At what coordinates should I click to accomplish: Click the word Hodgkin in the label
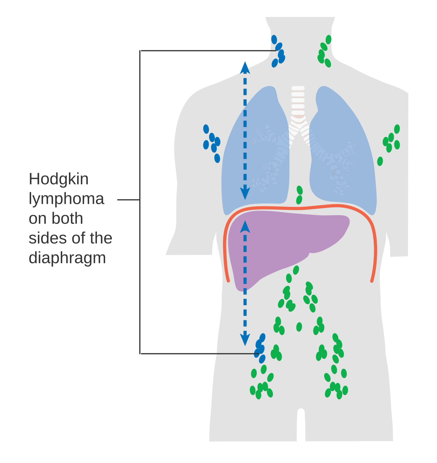tap(58, 179)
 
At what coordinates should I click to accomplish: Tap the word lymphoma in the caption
tap(67, 199)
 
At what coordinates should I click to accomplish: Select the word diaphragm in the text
tap(67, 258)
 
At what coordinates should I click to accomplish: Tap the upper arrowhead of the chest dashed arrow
tap(245, 68)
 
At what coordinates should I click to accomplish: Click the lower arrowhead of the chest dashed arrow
tap(245, 194)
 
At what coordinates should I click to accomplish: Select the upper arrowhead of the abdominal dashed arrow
tap(245, 227)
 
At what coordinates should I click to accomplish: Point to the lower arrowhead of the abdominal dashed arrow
tap(245, 340)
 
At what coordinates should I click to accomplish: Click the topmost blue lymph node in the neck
tap(274, 40)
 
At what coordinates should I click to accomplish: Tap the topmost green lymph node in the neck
tap(328, 40)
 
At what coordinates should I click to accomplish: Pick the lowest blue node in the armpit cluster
tap(217, 158)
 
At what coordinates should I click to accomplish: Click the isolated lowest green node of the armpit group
tap(380, 161)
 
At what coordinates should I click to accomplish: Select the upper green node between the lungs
tap(300, 190)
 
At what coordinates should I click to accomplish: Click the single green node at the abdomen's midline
tap(299, 327)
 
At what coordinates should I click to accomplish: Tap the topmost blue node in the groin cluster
tap(262, 338)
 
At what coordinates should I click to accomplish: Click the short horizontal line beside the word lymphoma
tap(128, 200)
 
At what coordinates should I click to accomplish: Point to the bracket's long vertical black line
tap(140, 202)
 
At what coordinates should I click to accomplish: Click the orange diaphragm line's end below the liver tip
tap(228, 281)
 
